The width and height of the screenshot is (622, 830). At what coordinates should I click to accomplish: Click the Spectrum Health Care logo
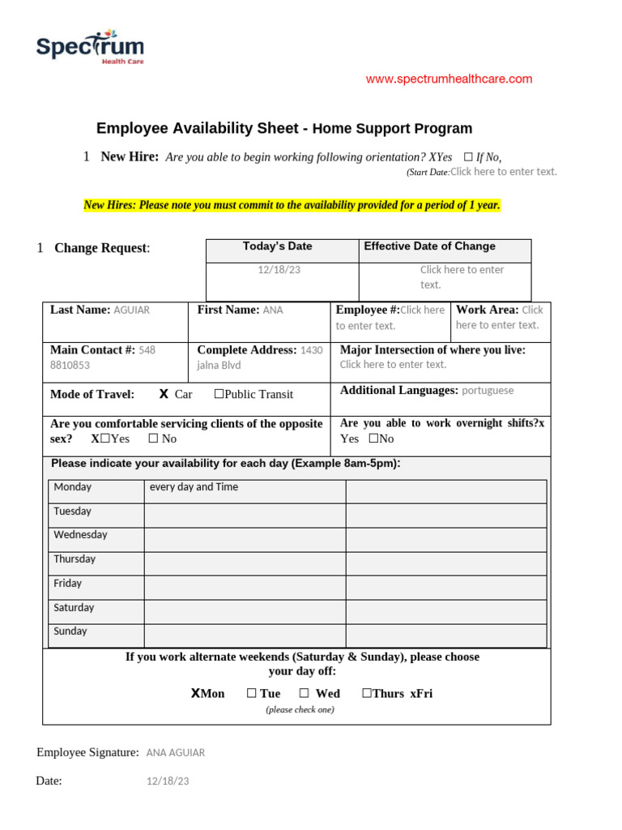(x=90, y=48)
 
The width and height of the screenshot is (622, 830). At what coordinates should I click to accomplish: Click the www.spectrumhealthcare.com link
(x=449, y=79)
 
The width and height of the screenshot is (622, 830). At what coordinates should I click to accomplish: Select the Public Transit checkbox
(x=219, y=395)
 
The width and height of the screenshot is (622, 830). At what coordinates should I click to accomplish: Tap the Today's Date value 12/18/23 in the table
(x=279, y=269)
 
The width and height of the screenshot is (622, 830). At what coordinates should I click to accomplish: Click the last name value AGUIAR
(x=132, y=310)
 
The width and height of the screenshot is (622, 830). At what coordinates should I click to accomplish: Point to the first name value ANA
(x=273, y=310)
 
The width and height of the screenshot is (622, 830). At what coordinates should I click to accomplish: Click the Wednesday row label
(x=80, y=535)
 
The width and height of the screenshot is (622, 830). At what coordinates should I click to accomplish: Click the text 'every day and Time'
(x=194, y=487)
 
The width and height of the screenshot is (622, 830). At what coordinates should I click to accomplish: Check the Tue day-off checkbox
(x=252, y=694)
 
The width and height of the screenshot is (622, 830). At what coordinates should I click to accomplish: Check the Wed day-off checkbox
(x=304, y=694)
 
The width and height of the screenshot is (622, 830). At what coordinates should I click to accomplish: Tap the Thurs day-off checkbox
(x=367, y=694)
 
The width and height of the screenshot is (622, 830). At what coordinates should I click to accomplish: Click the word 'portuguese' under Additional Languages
(x=488, y=391)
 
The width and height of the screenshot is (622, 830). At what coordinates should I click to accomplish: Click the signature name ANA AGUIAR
(x=176, y=753)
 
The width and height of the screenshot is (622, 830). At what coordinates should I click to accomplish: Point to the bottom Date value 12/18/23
(x=168, y=781)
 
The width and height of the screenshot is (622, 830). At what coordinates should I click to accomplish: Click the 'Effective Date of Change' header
(x=429, y=246)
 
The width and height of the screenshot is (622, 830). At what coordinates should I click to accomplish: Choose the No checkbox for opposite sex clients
(x=153, y=439)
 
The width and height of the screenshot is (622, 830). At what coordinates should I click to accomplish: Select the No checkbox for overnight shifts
(x=373, y=439)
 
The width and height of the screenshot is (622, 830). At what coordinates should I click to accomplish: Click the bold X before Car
(x=164, y=394)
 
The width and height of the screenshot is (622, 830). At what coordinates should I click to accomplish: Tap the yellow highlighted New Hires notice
(x=292, y=205)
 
